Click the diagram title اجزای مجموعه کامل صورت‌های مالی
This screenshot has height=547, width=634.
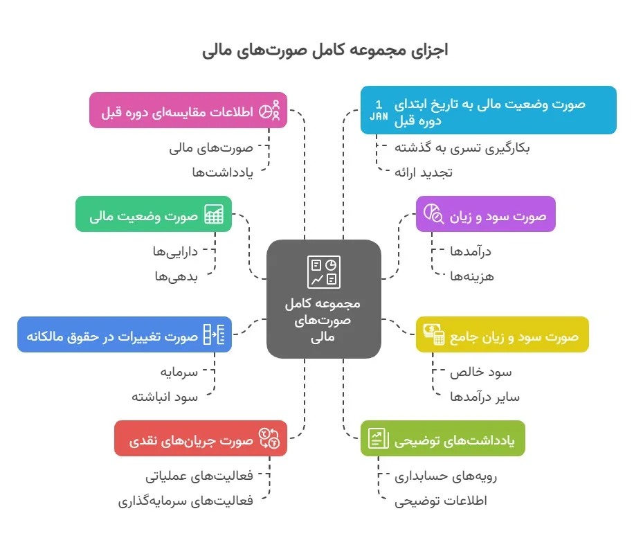(x=325, y=50)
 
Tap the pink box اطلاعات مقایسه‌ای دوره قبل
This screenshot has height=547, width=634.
(x=188, y=110)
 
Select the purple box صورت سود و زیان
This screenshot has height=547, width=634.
(x=486, y=214)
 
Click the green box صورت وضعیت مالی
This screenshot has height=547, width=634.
(x=154, y=214)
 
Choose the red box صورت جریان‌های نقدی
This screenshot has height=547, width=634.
(x=201, y=438)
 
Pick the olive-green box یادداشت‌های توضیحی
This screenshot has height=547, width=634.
(x=443, y=438)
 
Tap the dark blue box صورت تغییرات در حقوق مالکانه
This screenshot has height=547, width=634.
(x=125, y=334)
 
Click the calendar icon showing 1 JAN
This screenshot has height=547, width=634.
(x=379, y=111)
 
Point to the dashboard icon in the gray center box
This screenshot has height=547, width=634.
(x=324, y=272)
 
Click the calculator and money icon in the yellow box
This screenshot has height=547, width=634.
(x=434, y=334)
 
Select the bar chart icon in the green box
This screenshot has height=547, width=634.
(x=214, y=214)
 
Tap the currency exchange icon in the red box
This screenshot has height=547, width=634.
(x=269, y=438)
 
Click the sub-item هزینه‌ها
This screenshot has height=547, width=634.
(x=472, y=276)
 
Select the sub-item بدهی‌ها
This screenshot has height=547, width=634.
(x=176, y=276)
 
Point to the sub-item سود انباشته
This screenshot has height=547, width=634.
(x=165, y=397)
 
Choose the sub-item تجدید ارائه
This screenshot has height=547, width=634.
(x=424, y=172)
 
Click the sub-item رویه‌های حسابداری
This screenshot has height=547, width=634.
(x=446, y=476)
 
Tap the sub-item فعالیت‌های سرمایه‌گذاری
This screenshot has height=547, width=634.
(x=185, y=501)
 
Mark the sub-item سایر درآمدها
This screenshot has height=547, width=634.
(x=484, y=397)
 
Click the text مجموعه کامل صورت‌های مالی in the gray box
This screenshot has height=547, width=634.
(x=323, y=320)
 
